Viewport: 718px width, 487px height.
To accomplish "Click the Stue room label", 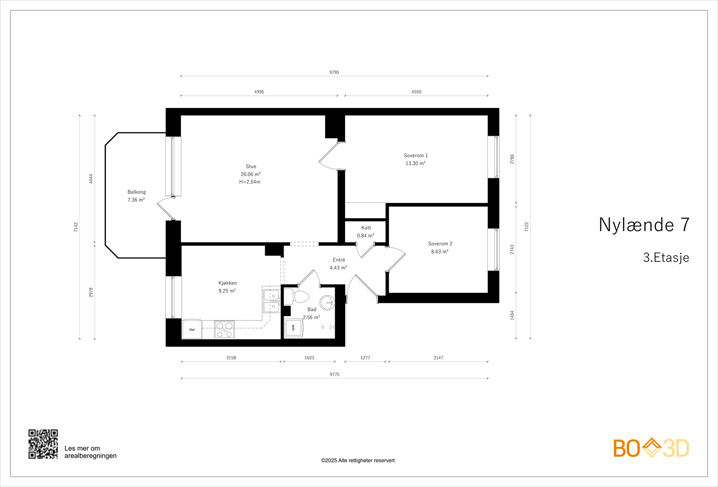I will [x=251, y=167].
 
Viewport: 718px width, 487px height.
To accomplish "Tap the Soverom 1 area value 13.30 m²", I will [x=416, y=163].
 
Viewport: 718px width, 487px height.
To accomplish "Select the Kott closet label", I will [x=366, y=228].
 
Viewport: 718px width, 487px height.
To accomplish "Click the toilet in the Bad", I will [x=297, y=297].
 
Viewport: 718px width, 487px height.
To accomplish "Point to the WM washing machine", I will [x=294, y=328].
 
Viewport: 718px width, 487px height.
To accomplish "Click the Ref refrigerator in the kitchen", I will [x=192, y=329].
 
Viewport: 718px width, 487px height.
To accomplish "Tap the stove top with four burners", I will [x=224, y=329].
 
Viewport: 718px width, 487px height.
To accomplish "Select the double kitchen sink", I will [x=271, y=301].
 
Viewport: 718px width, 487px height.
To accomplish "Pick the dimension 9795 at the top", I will [x=334, y=72].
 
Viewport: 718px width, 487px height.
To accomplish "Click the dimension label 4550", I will [x=416, y=92].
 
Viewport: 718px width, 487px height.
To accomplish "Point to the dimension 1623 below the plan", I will [x=309, y=358].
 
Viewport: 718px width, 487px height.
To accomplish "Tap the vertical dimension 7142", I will [x=76, y=227].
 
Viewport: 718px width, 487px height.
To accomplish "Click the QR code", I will [x=43, y=444].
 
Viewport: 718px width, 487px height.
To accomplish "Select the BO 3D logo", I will [x=651, y=448].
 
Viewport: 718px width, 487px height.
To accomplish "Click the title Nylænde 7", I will [x=644, y=225].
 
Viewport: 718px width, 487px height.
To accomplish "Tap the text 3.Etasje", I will [x=666, y=258].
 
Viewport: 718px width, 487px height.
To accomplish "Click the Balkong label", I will [x=136, y=192].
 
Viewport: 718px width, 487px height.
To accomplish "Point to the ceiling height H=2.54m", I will [x=250, y=182].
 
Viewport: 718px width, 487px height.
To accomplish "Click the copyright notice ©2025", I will [x=358, y=461].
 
